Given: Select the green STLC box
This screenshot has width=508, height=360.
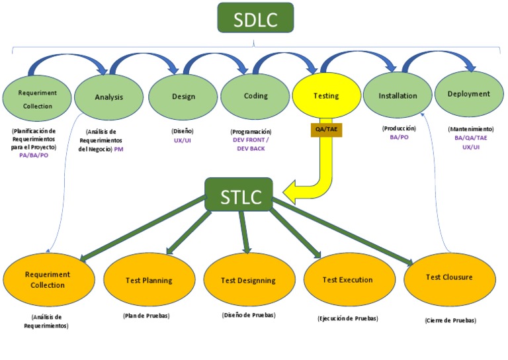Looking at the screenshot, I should [239, 195].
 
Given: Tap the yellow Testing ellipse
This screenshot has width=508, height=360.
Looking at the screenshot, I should [325, 96].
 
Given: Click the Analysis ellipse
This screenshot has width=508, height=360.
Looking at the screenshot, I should [109, 97].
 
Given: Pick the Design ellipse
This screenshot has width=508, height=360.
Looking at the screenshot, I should [183, 97].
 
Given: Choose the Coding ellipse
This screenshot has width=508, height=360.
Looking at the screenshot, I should [255, 96].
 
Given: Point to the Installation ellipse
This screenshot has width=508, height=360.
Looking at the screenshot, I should [398, 96].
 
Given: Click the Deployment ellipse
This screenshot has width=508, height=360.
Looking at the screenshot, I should [468, 94].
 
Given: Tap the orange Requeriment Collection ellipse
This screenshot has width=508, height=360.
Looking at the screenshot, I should [47, 280].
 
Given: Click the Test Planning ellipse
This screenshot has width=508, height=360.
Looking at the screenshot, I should [149, 281].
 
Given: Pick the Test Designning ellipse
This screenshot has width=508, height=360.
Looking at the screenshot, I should [249, 281].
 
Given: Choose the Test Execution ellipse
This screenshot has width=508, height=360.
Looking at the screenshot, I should [347, 280].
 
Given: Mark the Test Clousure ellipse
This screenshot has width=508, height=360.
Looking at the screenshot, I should [449, 277].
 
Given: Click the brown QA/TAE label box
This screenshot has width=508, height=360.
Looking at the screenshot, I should [325, 130].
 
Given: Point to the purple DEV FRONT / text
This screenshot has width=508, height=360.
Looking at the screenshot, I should [252, 140].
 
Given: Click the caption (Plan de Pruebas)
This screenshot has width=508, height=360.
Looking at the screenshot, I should [146, 316].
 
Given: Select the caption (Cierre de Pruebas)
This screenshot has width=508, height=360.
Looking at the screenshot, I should [450, 320].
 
